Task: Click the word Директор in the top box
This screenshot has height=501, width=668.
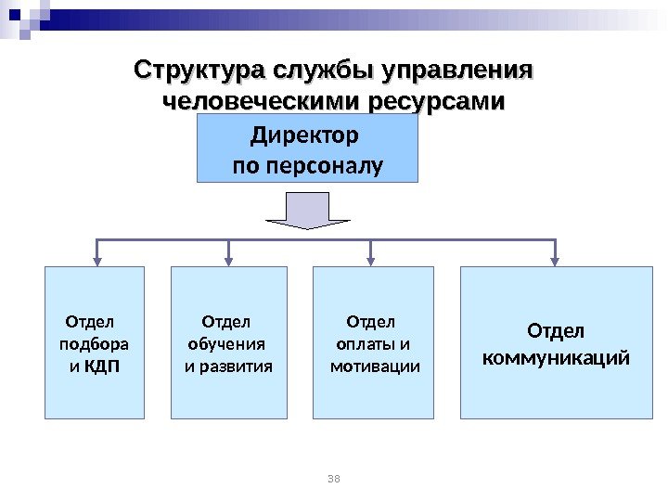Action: click(305, 137)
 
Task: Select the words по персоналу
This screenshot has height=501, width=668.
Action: click(307, 167)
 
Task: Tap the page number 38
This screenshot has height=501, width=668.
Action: click(335, 478)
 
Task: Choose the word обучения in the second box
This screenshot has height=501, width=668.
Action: click(226, 344)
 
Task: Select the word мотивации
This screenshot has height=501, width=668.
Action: click(375, 366)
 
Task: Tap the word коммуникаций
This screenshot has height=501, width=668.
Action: click(556, 356)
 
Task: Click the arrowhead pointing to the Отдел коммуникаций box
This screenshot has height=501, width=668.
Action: click(556, 259)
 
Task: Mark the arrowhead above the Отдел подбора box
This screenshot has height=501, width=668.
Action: click(96, 259)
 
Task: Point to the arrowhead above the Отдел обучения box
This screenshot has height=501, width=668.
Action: click(228, 259)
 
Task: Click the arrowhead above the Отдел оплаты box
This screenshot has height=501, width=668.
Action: click(372, 259)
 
